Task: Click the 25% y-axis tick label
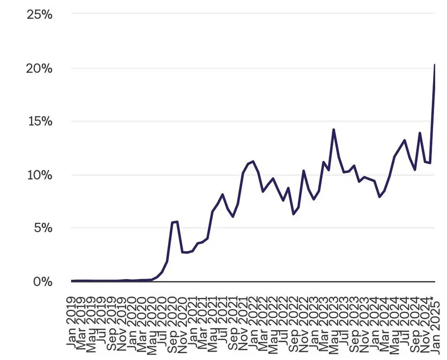[40, 14]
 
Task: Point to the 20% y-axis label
[40, 68]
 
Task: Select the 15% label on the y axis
[40, 122]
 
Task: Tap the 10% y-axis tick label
[40, 175]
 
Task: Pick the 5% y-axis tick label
[43, 228]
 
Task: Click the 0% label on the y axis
[43, 282]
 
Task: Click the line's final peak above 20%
[435, 65]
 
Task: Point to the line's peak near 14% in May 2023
[334, 130]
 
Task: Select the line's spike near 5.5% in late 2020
[177, 221]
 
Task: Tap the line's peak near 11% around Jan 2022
[253, 161]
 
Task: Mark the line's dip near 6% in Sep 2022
[294, 214]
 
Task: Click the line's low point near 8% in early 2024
[379, 197]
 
